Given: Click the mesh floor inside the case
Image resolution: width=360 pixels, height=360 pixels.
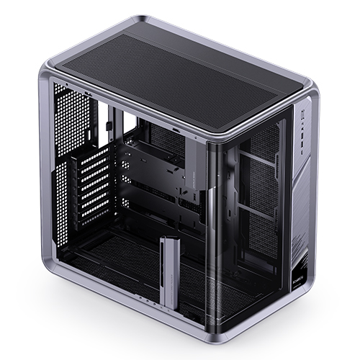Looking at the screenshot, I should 122,266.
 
